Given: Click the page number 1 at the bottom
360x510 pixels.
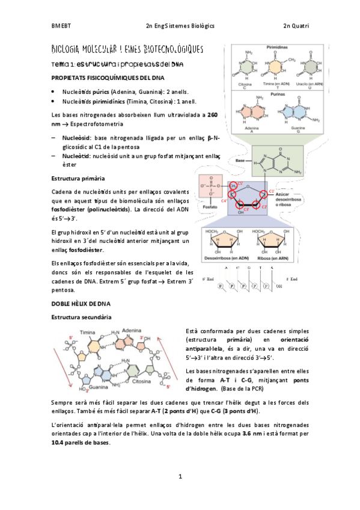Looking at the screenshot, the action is click(180, 477).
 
